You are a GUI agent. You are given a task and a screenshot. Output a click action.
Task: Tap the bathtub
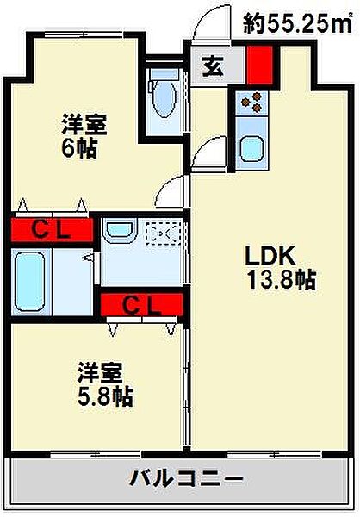click(29, 282)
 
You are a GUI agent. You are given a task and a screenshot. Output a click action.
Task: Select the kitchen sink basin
click(251, 149)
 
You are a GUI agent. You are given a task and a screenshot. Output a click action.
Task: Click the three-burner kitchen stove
click(251, 102)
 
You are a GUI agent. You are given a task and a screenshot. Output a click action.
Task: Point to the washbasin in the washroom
click(119, 229)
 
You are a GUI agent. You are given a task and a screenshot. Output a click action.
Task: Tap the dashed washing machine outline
click(163, 233)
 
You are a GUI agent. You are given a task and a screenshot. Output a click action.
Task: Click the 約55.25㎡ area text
click(297, 24)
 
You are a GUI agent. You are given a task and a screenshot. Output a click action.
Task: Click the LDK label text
click(270, 256)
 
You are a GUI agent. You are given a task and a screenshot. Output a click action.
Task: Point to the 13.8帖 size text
click(282, 279)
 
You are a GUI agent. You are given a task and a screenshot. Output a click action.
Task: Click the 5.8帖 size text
click(105, 396)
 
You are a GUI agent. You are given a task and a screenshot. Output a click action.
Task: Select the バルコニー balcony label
click(187, 478)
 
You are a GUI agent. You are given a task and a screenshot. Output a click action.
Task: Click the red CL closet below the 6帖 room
click(52, 230)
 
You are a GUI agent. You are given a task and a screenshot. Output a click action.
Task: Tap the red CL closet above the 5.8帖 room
click(142, 304)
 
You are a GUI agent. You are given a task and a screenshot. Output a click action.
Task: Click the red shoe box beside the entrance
click(260, 65)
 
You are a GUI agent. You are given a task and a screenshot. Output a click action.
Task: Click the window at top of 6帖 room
click(84, 34)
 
